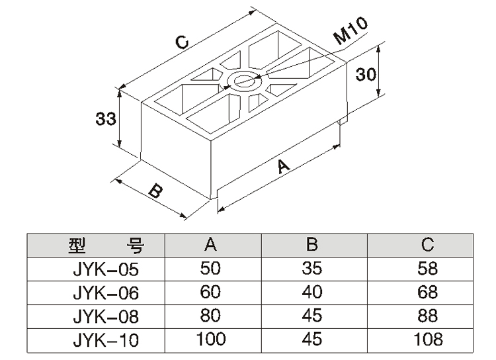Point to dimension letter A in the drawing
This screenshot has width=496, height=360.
point(283,166)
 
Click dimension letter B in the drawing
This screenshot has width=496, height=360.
point(153,192)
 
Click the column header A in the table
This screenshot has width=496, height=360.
point(211,246)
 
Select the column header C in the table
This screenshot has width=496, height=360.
point(427,246)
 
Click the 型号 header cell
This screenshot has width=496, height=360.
point(106,246)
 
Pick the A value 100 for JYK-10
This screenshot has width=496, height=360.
point(211,339)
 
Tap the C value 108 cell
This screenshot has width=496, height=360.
point(427,339)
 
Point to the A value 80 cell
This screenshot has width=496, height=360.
point(211,316)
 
